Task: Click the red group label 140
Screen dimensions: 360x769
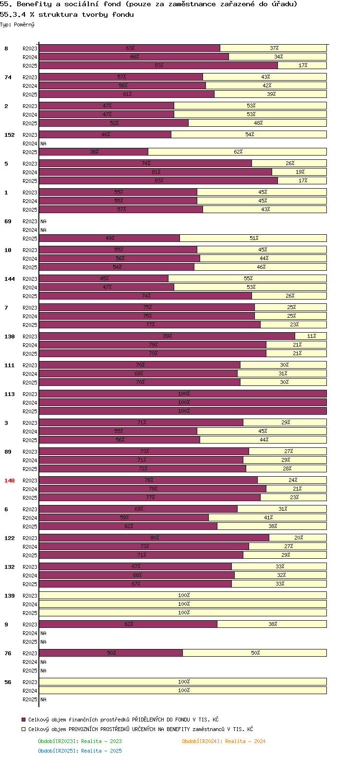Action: click(x=9, y=481)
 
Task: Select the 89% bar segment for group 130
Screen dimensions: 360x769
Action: click(x=167, y=336)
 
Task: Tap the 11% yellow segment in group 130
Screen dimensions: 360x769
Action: click(x=311, y=336)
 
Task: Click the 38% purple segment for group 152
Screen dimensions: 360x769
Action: click(x=94, y=152)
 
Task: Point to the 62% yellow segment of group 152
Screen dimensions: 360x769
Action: click(x=238, y=152)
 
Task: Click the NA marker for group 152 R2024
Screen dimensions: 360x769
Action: click(x=43, y=144)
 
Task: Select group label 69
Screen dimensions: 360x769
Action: click(x=8, y=221)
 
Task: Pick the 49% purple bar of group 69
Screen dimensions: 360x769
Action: click(x=109, y=238)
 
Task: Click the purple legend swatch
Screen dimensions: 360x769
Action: click(x=24, y=720)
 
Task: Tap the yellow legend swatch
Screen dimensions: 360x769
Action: click(x=24, y=729)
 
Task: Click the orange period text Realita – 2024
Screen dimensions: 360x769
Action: click(x=245, y=741)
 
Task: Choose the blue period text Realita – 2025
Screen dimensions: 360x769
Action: click(x=101, y=751)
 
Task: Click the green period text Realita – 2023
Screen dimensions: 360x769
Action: click(x=101, y=741)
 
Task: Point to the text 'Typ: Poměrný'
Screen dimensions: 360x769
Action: click(x=17, y=24)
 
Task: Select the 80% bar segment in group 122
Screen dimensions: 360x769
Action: click(x=155, y=538)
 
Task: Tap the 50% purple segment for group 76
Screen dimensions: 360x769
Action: click(x=111, y=653)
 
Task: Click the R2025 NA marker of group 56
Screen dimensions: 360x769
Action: click(x=43, y=699)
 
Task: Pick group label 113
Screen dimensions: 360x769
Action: click(x=9, y=394)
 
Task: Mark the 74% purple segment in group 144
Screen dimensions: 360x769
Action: click(x=145, y=296)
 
